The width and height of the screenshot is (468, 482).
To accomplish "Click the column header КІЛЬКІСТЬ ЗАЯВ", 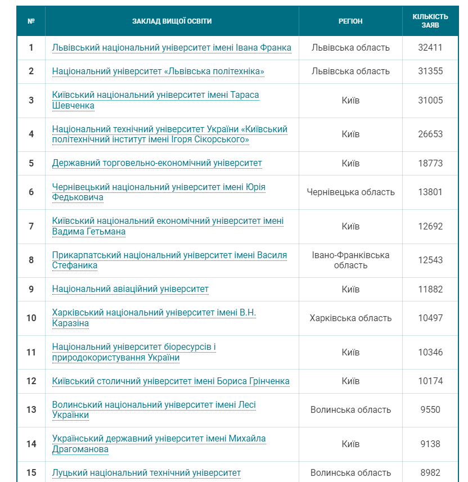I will coord(430,21).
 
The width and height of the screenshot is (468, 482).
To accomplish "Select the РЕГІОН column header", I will coord(350,21).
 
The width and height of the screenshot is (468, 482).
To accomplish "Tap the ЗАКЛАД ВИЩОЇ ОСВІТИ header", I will coord(172,21).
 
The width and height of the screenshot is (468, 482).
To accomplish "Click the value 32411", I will coord(430,47).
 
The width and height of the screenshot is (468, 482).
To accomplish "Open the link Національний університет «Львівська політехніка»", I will coord(158,71).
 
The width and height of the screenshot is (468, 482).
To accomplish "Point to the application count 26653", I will coord(430,134).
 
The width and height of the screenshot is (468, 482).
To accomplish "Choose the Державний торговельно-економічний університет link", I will coord(157,163).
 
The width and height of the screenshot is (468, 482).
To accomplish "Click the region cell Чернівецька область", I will coord(350,192).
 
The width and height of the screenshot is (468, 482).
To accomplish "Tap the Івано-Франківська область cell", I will coord(350,260).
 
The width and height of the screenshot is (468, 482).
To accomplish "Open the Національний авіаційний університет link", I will coord(130,289).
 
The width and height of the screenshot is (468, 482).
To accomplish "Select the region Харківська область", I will coord(350,318).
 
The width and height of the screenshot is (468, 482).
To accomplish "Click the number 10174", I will coord(430,381).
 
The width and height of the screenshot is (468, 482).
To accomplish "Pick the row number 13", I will coord(31,409).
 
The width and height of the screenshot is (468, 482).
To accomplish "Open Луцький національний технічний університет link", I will coord(146,472).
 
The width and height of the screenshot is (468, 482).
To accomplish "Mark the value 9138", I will coord(430,444).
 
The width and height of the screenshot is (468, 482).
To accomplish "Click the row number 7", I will coord(31,226).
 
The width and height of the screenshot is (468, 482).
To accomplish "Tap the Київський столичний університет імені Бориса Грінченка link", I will coord(171,381).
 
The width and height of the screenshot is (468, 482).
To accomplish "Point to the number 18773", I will coord(430,163).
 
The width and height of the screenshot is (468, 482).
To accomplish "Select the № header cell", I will coord(31,21).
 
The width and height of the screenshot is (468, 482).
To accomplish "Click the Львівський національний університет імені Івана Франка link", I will coord(172,47).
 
